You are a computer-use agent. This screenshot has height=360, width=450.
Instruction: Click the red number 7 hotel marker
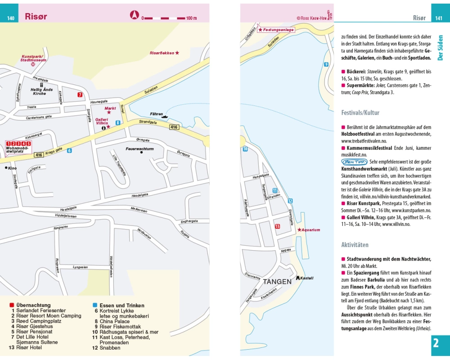pyautogui.click(x=80, y=94)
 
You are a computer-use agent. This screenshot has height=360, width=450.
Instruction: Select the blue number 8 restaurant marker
pyautogui.click(x=118, y=122)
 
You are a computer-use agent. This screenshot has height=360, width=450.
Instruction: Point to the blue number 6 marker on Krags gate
pyautogui.click(x=69, y=150)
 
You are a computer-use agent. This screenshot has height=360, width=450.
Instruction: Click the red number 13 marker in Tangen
pyautogui.click(x=277, y=226)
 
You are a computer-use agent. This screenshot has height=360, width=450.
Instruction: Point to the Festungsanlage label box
pyautogui.click(x=276, y=30)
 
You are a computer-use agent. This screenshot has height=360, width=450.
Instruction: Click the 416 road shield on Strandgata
pyautogui.click(x=175, y=128)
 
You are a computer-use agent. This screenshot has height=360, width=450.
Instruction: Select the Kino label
pyautogui.click(x=12, y=168)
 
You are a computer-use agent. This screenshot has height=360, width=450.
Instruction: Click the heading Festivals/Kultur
pyautogui.click(x=360, y=112)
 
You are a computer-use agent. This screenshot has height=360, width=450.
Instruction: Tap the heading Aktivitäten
pyautogui.click(x=355, y=245)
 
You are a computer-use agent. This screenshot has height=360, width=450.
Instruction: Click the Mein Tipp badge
pyautogui.click(x=354, y=162)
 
